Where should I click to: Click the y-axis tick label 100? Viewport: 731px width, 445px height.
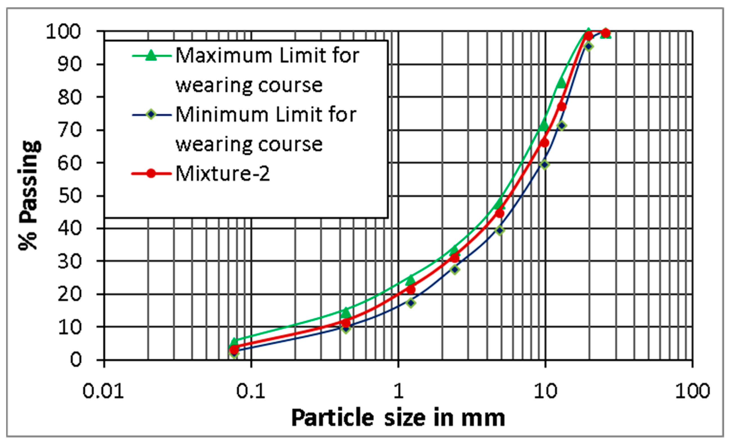(x=63, y=32)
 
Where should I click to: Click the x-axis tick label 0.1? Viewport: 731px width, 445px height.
(x=251, y=391)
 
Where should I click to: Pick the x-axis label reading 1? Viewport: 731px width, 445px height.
(x=398, y=391)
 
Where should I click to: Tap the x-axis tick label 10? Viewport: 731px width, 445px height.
(x=545, y=391)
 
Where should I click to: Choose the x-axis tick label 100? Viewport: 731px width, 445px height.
(x=692, y=391)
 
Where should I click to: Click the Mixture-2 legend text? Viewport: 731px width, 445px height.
(x=222, y=174)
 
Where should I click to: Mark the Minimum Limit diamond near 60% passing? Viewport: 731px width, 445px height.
(x=544, y=164)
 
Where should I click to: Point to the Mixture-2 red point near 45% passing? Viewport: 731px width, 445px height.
(x=500, y=213)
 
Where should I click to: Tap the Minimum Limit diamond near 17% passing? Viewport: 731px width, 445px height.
(x=411, y=303)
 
